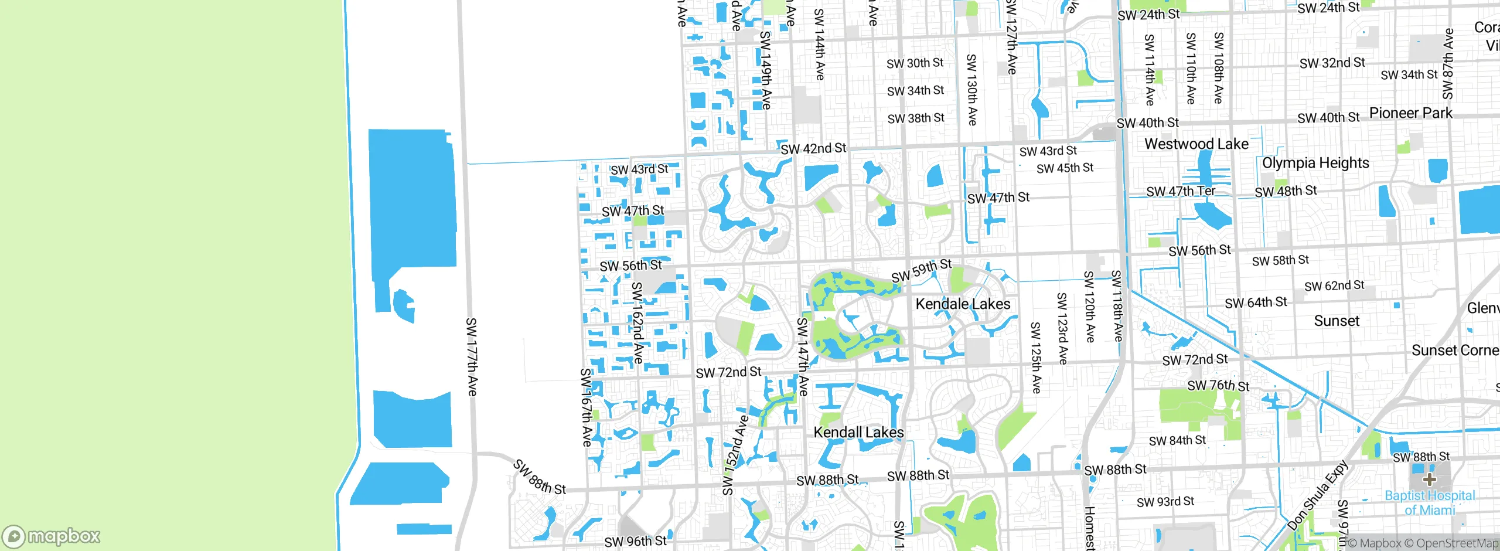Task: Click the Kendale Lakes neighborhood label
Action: [x=963, y=304]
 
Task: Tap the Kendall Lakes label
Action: [x=858, y=433]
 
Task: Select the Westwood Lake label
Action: [x=1196, y=144]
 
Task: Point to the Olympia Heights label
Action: [x=1315, y=163]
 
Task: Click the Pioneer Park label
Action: [x=1410, y=113]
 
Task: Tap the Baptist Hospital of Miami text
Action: [x=1430, y=502]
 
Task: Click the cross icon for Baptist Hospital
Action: [x=1429, y=479]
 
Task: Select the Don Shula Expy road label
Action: [x=1318, y=495]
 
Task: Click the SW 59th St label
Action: [x=921, y=270]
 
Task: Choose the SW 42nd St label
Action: [x=813, y=149]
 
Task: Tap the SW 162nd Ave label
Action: [x=637, y=322]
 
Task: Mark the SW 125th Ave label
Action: [x=1035, y=357]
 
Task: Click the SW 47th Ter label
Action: [x=1180, y=191]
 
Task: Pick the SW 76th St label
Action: [x=1218, y=385]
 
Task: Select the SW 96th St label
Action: [x=635, y=541]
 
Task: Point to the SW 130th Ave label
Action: [x=971, y=90]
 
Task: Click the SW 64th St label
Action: [x=1256, y=302]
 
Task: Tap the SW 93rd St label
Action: [x=1165, y=502]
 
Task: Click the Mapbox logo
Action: [x=52, y=536]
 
